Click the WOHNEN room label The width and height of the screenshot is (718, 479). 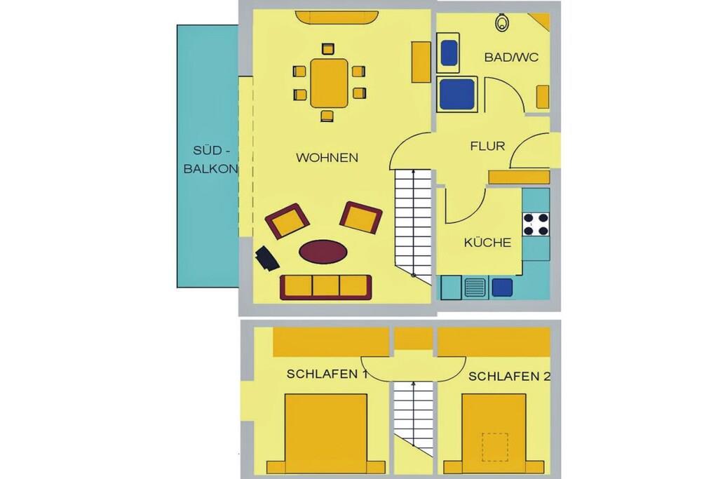click(327, 158)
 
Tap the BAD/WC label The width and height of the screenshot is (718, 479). click(511, 58)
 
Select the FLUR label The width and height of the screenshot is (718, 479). click(487, 146)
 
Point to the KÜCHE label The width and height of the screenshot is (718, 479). click(487, 242)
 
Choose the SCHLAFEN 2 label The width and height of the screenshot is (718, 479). click(509, 377)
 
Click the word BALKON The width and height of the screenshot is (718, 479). click(210, 168)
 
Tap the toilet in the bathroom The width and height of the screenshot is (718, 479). click(502, 22)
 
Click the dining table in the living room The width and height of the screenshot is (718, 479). click(329, 83)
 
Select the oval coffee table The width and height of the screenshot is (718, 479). click(323, 252)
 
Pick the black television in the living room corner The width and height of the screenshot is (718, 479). click(267, 259)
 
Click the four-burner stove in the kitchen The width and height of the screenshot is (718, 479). click(536, 224)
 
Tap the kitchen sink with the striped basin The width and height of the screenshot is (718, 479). click(475, 288)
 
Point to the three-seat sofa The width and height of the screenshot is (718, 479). click(325, 287)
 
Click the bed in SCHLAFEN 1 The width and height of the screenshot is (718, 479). click(326, 433)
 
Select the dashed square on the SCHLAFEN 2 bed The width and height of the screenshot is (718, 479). click(494, 447)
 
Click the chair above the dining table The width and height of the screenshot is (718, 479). click(328, 49)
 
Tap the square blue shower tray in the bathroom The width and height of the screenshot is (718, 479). click(456, 95)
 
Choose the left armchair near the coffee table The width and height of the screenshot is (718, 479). click(287, 221)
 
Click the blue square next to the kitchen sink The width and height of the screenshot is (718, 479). click(502, 287)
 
